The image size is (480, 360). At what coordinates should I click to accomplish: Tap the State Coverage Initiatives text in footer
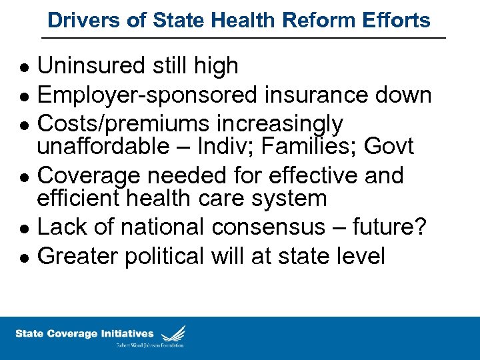click(85, 333)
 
